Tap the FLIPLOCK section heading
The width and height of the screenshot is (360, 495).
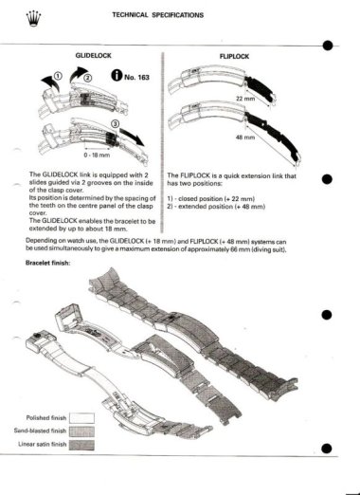233,57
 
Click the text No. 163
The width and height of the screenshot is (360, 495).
135,78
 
